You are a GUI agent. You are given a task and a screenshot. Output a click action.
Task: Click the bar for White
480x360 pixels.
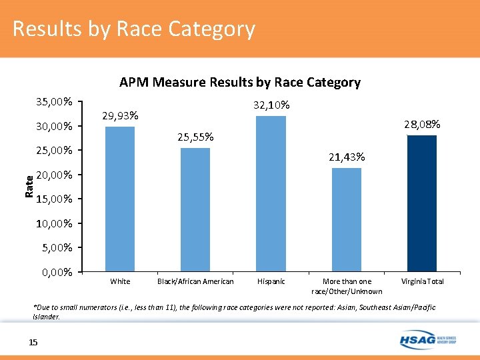click(x=120, y=199)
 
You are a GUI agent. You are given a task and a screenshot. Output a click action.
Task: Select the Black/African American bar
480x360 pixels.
click(x=195, y=209)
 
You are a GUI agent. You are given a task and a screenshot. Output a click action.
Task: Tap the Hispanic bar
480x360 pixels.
click(x=271, y=193)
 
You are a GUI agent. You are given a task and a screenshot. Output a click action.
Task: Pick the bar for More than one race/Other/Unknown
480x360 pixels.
click(x=346, y=219)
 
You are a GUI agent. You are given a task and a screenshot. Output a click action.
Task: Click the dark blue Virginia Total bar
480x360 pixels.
click(x=421, y=203)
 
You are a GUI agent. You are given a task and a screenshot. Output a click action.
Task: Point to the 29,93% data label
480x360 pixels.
click(x=120, y=116)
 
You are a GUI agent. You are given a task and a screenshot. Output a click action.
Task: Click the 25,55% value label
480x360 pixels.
click(x=195, y=137)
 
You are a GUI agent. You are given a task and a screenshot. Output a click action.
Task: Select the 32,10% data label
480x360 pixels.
click(x=271, y=105)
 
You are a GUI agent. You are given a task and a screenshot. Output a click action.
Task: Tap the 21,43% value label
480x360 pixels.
click(x=346, y=157)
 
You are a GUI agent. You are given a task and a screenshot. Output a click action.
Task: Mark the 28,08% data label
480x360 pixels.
click(x=422, y=125)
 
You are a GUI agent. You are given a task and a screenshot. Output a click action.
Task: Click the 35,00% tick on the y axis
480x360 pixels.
click(x=54, y=102)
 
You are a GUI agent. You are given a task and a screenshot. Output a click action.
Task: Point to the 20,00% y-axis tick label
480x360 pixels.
click(x=54, y=175)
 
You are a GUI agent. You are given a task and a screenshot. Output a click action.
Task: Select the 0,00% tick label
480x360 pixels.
click(x=57, y=272)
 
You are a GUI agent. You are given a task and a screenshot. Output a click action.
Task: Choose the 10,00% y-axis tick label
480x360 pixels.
click(x=54, y=223)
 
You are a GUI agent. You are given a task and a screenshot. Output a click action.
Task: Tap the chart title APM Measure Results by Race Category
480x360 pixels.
click(x=239, y=83)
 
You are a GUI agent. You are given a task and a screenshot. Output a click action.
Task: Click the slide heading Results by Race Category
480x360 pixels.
click(x=133, y=29)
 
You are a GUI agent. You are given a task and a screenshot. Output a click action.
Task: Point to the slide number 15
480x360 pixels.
click(x=33, y=342)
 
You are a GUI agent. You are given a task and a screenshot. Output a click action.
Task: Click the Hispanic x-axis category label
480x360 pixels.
click(x=271, y=281)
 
